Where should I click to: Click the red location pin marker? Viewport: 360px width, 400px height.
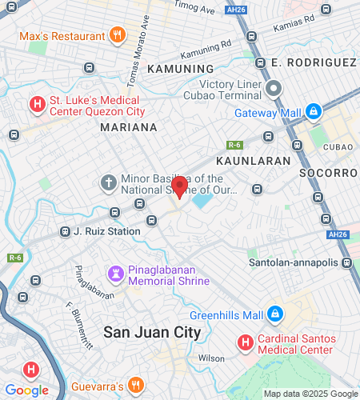click(180, 186)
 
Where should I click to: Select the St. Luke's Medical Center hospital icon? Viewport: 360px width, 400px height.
click(36, 104)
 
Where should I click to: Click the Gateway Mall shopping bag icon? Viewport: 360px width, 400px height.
click(314, 111)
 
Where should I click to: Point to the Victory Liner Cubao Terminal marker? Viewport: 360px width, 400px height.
click(274, 90)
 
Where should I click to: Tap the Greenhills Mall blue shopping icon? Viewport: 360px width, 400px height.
click(275, 313)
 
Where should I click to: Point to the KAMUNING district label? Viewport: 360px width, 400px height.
click(181, 69)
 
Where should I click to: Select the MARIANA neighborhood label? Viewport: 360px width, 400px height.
click(129, 126)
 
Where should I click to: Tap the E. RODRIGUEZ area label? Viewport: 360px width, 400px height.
click(314, 62)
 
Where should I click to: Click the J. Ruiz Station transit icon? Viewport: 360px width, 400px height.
click(65, 232)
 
